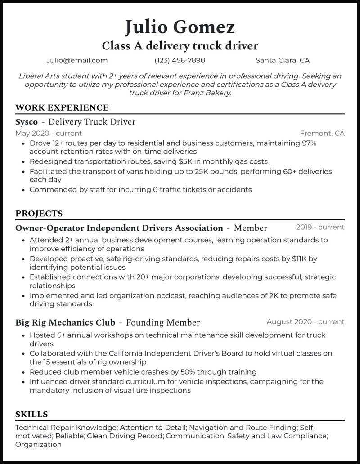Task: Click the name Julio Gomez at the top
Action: coord(180,27)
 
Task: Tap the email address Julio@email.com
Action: coord(77,60)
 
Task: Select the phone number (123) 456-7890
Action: coord(180,60)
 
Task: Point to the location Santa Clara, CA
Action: coord(283,60)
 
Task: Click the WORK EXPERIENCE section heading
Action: coord(62,108)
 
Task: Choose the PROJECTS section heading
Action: coord(39,214)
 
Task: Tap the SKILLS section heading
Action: coord(31,414)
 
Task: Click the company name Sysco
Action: coord(27,122)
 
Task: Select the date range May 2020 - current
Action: coord(49,133)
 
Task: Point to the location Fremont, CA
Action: coord(322,133)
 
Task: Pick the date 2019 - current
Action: coord(320,227)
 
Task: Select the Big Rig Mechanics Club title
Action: coord(65,322)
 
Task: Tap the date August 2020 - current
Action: coord(306,321)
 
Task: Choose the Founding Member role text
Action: coord(163,322)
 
